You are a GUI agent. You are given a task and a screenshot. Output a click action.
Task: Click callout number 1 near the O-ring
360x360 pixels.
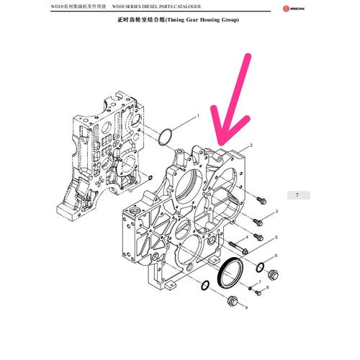[x=198, y=116]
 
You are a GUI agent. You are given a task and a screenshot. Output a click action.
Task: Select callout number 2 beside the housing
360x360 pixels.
[x=251, y=145]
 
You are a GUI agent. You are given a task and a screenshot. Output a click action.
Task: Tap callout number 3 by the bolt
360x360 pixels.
[x=276, y=212]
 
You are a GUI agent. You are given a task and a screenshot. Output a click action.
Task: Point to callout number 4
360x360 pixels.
[x=247, y=238]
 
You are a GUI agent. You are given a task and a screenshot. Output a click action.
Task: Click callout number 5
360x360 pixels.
[x=276, y=238]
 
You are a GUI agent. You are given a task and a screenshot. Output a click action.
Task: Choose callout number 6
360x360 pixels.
[x=276, y=256]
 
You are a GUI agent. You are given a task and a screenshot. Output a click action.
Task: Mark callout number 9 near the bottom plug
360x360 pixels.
[x=246, y=307]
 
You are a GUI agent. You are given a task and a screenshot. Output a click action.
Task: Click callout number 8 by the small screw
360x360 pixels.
[x=267, y=287]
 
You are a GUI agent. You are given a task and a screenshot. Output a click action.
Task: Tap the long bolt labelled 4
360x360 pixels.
[x=238, y=248]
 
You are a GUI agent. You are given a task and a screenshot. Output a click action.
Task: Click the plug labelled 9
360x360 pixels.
[x=232, y=302]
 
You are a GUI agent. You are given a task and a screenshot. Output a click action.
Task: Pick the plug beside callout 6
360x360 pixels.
[x=273, y=274]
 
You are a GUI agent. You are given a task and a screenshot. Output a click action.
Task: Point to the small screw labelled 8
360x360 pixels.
[x=258, y=292]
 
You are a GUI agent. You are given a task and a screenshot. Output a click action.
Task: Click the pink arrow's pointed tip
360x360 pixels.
[x=221, y=145]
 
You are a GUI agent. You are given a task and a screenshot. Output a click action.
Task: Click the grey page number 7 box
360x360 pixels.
[x=299, y=195]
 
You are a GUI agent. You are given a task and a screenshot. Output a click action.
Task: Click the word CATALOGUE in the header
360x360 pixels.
[x=187, y=6]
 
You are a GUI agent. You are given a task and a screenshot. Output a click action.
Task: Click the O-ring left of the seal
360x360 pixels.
[x=205, y=285]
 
